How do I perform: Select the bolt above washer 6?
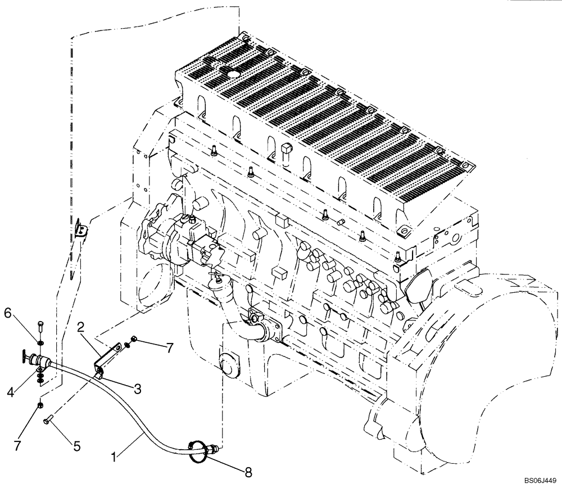coord(41,328)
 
